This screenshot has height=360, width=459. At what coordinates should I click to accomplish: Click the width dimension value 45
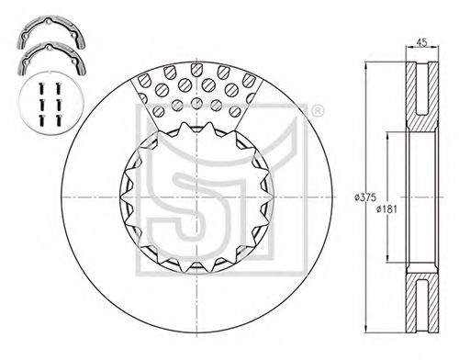(x=421, y=42)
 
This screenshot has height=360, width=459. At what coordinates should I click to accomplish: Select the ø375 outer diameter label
(x=364, y=197)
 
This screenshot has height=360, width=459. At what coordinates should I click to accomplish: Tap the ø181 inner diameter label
(x=386, y=209)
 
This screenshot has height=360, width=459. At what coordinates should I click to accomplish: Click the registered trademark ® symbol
(x=318, y=111)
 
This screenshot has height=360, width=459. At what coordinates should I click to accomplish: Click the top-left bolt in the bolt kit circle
(x=42, y=89)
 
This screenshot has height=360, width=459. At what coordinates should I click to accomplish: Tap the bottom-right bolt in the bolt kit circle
(x=58, y=120)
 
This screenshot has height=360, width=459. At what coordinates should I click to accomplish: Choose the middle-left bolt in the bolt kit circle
(x=42, y=105)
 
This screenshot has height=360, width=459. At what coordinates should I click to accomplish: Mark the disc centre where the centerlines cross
(x=196, y=197)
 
